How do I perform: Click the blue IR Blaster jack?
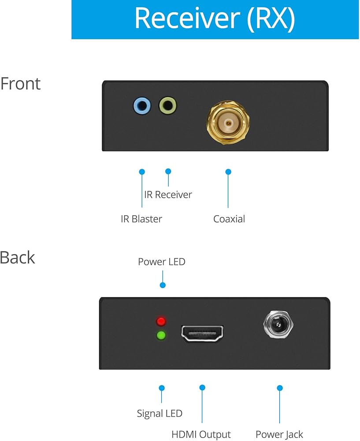142,106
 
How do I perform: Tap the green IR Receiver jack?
168,106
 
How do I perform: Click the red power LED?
161,321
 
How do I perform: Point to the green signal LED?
161,336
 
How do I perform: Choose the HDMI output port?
202,334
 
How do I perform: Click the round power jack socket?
278,327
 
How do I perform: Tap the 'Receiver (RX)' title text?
215,19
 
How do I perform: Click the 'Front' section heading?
20,83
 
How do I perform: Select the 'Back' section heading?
18,258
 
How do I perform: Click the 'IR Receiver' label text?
168,194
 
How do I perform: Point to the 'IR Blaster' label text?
141,219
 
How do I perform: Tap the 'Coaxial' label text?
229,219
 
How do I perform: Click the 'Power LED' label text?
161,262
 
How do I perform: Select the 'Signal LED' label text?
160,414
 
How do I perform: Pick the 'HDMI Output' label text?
201,434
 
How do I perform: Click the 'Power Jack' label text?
279,434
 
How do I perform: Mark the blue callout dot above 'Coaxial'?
228,171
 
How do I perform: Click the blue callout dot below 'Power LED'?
163,285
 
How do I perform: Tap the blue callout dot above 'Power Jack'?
279,388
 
